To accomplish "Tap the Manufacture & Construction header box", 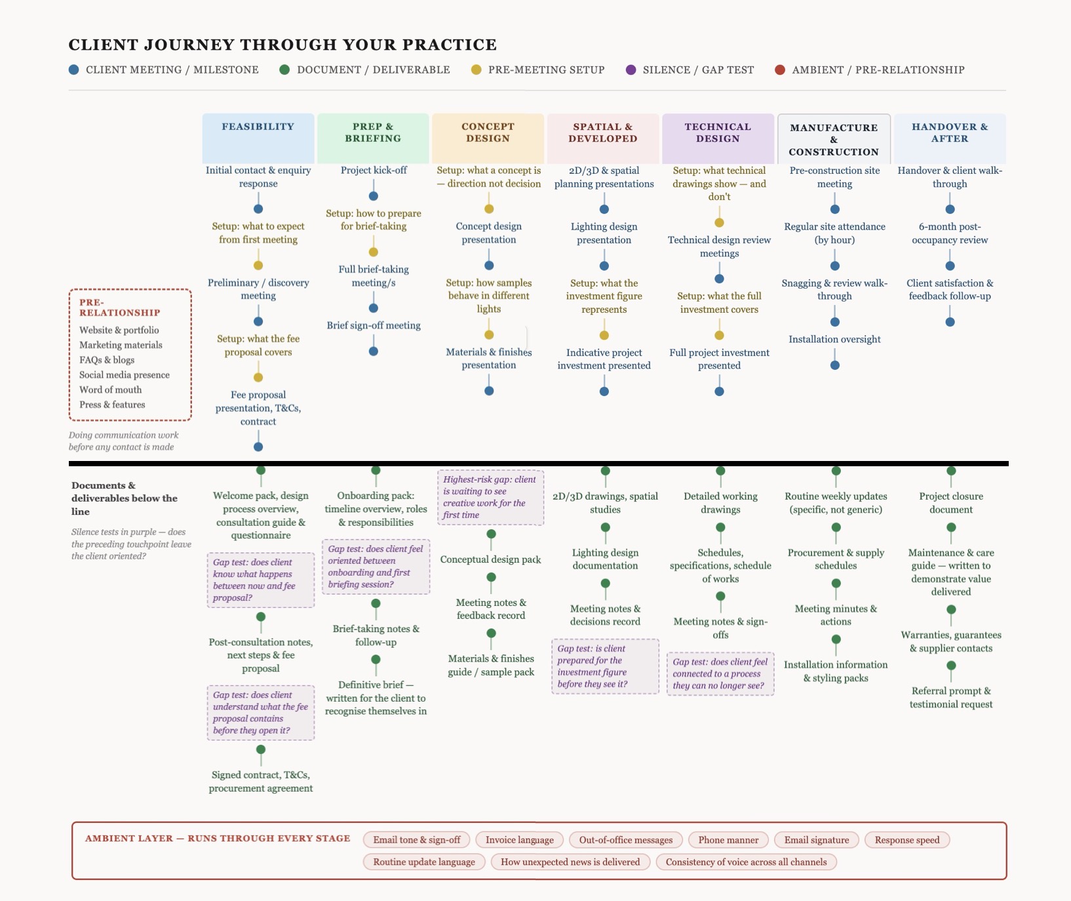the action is (x=834, y=139).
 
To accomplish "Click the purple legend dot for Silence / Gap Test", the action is (x=631, y=70).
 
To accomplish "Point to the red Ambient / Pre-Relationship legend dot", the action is (x=780, y=70).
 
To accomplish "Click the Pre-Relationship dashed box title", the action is (x=119, y=308).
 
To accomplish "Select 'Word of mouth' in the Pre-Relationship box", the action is (x=110, y=390).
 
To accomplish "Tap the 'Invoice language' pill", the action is (x=519, y=840).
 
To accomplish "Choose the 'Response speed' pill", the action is (x=906, y=840).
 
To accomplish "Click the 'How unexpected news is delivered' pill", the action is (x=570, y=862).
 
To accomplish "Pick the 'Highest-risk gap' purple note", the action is (x=490, y=497).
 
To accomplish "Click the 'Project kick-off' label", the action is (x=374, y=170).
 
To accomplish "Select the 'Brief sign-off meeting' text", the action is (x=374, y=326).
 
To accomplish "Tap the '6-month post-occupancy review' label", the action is (x=950, y=233).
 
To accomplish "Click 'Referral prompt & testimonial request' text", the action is (x=951, y=698).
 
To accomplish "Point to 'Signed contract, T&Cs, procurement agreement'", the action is (x=261, y=782).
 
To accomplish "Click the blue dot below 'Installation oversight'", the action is (x=835, y=365).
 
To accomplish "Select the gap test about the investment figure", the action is (x=605, y=666).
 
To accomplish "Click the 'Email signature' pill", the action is (x=816, y=840).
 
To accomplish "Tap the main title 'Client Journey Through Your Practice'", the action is (x=282, y=45).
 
